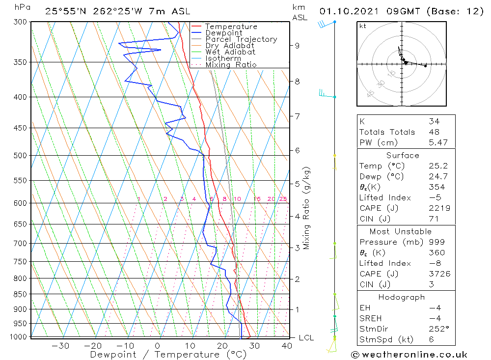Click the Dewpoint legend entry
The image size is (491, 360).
coord(223,33)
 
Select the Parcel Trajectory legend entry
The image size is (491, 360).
coord(241,39)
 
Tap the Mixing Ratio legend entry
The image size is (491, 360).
coord(231,65)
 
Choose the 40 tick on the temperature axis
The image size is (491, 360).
coord(287,346)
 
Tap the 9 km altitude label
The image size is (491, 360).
coord(297,46)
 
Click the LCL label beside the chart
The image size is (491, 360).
coord(306,338)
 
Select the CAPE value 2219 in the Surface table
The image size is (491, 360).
coord(439,208)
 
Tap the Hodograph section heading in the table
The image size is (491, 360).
coord(402,297)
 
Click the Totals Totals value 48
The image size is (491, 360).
coord(434,132)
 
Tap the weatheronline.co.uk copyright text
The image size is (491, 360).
coord(409,354)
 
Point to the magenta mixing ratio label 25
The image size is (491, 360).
coord(283,199)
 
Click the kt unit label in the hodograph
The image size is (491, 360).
coord(362,26)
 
